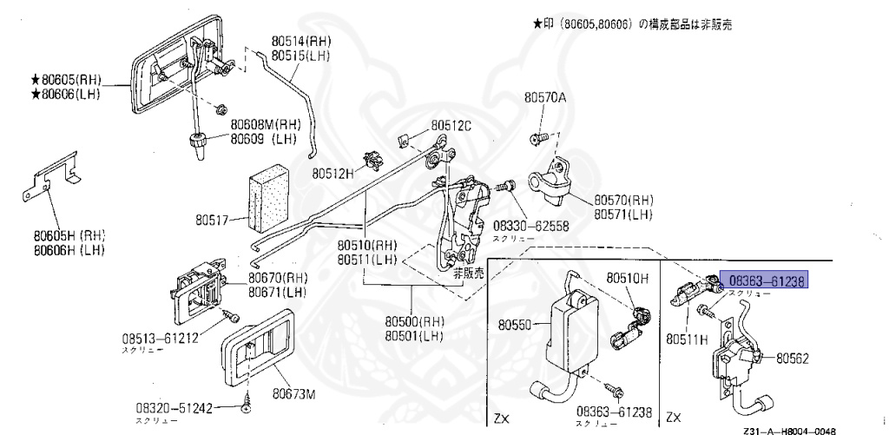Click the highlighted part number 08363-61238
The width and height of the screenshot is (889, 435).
767,280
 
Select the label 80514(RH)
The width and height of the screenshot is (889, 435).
300,41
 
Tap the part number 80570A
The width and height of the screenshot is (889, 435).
544,98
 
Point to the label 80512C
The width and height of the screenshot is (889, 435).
451,126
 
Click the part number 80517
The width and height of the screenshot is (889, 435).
211,221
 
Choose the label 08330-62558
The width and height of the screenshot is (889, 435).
530,226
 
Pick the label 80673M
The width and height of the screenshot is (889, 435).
292,394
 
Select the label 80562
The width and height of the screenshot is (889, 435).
793,357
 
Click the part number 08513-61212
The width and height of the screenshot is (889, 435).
160,337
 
